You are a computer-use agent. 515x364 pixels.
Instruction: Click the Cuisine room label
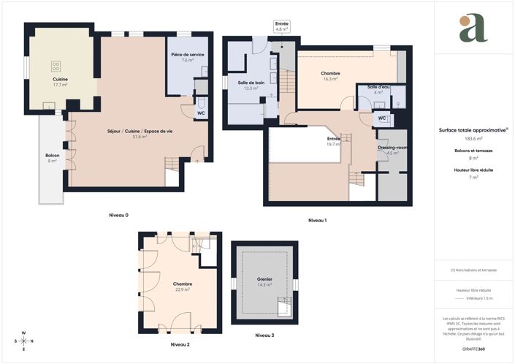point(60,79)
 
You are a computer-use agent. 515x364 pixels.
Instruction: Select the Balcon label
point(52,155)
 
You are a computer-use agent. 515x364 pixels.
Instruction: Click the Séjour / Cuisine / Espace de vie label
point(139,131)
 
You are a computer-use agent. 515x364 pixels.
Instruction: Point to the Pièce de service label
point(188,55)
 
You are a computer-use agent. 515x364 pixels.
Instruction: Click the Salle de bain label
point(252,83)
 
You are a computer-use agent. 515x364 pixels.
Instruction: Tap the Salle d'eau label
point(378,87)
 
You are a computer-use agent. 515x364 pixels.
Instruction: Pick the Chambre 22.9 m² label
point(182,284)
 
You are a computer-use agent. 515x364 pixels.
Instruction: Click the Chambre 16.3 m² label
point(330,73)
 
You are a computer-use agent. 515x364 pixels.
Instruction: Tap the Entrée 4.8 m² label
point(282,24)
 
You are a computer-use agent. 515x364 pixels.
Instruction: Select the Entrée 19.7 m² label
point(334,139)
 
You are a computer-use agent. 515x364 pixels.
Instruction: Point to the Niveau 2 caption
point(180,344)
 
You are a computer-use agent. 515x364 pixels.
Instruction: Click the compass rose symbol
point(23,341)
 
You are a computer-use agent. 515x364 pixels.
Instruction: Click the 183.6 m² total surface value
point(473,137)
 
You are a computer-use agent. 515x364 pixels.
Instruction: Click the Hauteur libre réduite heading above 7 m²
point(473,170)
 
